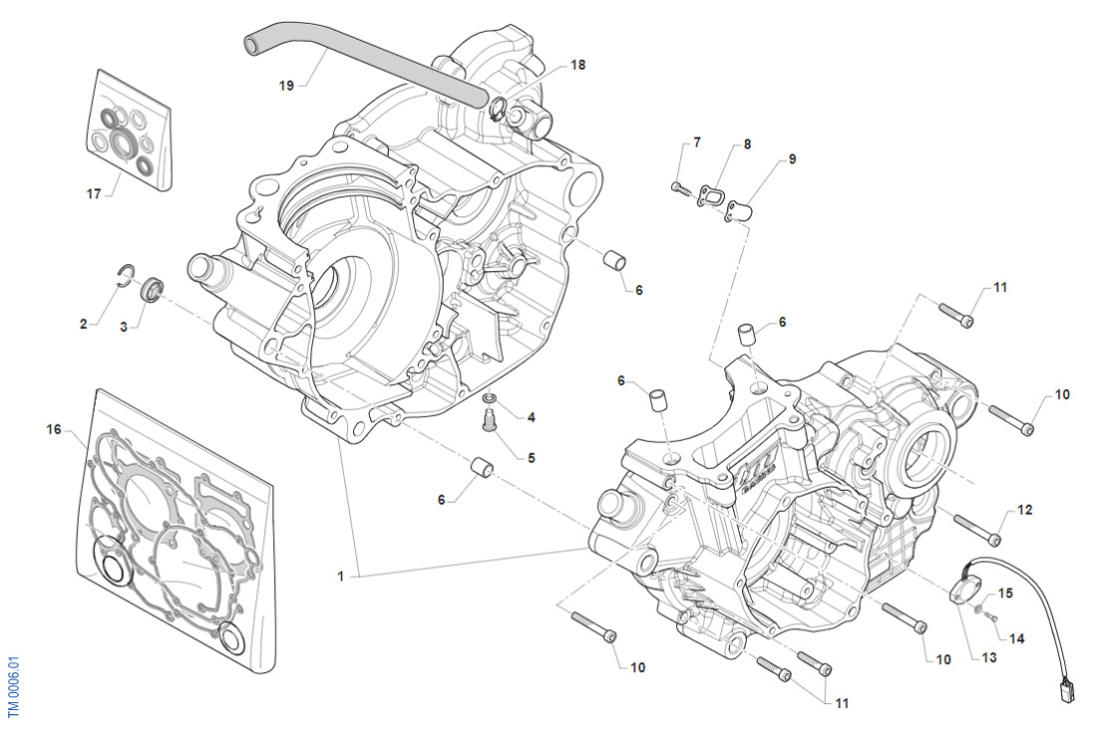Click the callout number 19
click(286, 86)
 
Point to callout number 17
click(94, 194)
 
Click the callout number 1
click(341, 575)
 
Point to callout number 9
click(792, 159)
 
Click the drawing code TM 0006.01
click(14, 685)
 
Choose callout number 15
click(1005, 593)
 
